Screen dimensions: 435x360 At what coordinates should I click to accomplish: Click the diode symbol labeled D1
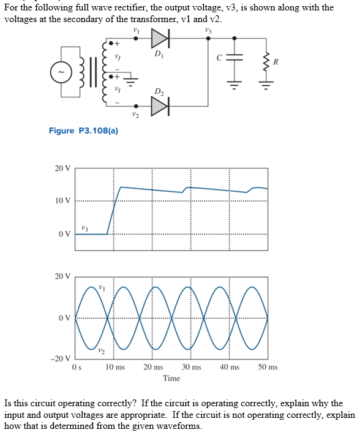(160, 39)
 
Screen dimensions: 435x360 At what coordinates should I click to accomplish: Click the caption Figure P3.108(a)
(83, 130)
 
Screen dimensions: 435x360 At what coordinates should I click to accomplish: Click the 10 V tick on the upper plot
(63, 201)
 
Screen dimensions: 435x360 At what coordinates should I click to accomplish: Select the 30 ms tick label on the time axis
(191, 367)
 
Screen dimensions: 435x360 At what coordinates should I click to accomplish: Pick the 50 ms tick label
(268, 367)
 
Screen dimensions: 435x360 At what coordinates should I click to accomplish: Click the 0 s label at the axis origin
(76, 367)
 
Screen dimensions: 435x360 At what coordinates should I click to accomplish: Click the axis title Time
(171, 378)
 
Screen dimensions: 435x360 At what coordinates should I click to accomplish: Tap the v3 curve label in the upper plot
(85, 228)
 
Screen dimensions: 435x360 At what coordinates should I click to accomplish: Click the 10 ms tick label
(114, 367)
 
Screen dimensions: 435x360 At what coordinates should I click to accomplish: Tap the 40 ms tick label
(230, 367)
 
